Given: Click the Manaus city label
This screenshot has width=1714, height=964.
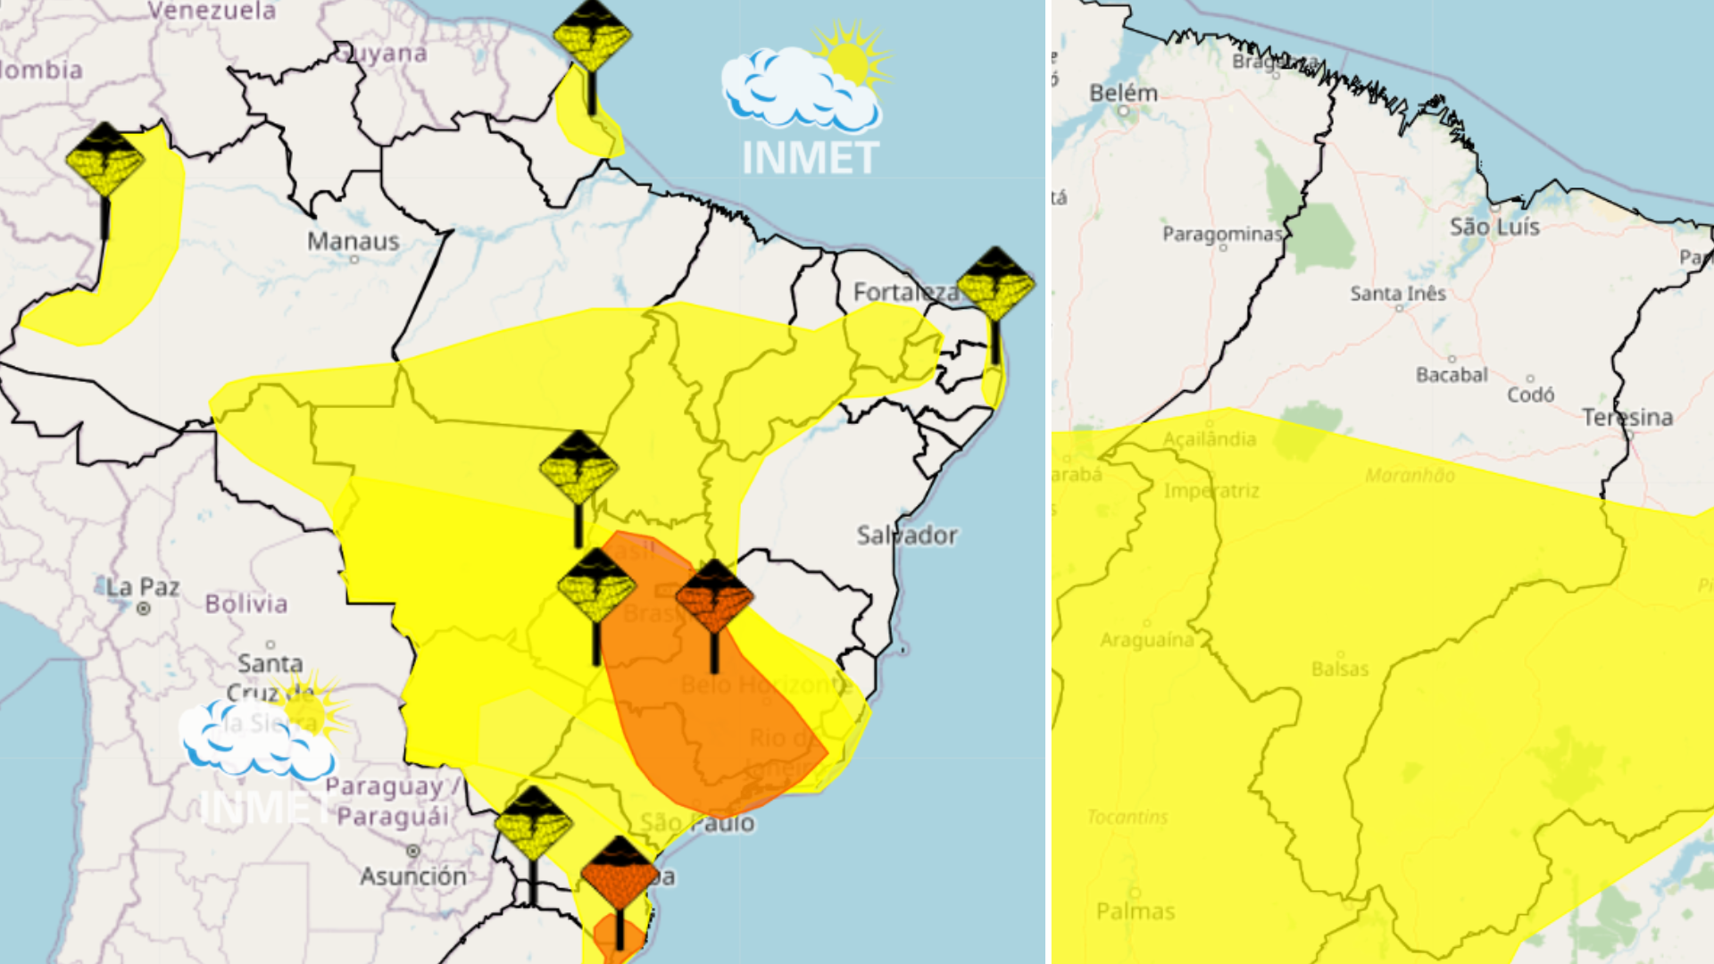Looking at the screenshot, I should point(353,241).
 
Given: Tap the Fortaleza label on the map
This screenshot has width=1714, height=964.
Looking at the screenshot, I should point(903,292).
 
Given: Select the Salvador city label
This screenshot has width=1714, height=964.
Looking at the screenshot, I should point(906,535).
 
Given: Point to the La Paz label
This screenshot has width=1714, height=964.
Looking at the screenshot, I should point(143,587).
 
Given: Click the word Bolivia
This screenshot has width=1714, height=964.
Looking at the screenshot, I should point(246,603).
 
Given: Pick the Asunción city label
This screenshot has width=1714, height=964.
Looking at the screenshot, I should point(412,876).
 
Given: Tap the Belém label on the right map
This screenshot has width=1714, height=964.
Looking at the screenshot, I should point(1123,93).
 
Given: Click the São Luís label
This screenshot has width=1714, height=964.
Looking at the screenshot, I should point(1494,227).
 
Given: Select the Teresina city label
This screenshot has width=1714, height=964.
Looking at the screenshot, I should point(1627,417).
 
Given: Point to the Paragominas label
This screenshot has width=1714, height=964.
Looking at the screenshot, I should point(1221,234).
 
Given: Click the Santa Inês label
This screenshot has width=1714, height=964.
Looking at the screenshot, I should point(1397,294).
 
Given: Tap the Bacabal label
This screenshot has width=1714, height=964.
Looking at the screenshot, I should point(1452,375).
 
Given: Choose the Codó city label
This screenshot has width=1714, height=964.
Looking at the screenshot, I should point(1530,394).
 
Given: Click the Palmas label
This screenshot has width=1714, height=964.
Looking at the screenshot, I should point(1136,911).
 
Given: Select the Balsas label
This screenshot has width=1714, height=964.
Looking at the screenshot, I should point(1340,669).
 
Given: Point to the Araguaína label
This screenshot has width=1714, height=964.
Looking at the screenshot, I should point(1146,640).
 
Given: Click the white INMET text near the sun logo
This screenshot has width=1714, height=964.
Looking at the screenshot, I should point(810,158).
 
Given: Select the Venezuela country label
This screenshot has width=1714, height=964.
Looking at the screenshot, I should point(212,12).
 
